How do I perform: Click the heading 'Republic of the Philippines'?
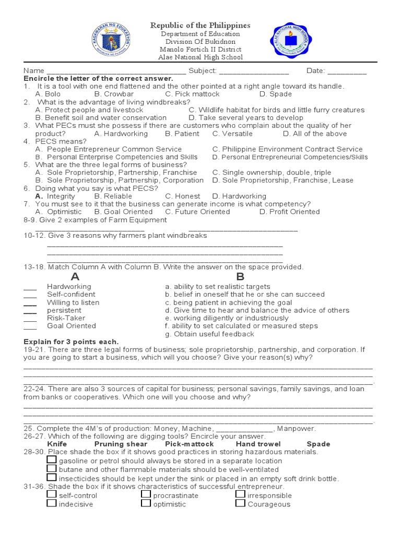coord(200,25)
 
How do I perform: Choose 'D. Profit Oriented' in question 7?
coord(290,212)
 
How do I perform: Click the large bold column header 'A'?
coord(75,276)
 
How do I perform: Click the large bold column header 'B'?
coord(240,276)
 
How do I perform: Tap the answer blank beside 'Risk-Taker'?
coord(30,320)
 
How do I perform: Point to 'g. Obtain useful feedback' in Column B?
coord(209,334)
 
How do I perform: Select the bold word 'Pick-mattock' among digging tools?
coord(190,444)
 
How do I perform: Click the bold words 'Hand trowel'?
coord(258,444)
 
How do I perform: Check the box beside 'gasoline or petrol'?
coord(52,460)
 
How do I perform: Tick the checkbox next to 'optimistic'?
coord(146,503)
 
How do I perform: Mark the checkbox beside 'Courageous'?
coord(240,503)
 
